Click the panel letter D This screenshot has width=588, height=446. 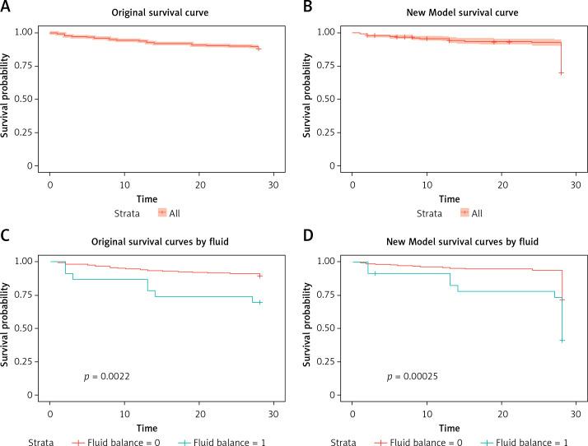[x=308, y=233]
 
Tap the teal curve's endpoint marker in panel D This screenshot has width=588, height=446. [x=562, y=340]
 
